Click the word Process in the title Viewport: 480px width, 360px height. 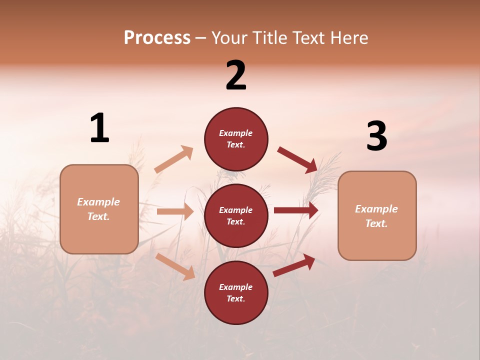click(157, 38)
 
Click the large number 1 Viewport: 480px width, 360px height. click(99, 128)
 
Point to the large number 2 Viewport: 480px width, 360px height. click(236, 76)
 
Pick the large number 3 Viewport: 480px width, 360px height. click(376, 136)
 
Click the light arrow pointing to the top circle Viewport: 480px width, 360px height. click(174, 159)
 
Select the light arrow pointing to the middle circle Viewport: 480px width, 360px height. click(175, 211)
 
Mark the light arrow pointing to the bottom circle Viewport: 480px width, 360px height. click(175, 266)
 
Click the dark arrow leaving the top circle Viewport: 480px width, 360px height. click(297, 159)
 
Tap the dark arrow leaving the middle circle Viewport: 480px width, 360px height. click(296, 210)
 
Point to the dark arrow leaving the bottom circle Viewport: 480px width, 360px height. click(294, 265)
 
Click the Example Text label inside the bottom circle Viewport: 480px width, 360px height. click(236, 293)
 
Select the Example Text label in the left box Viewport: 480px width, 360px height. click(98, 209)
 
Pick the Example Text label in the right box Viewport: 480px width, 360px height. click(376, 216)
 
